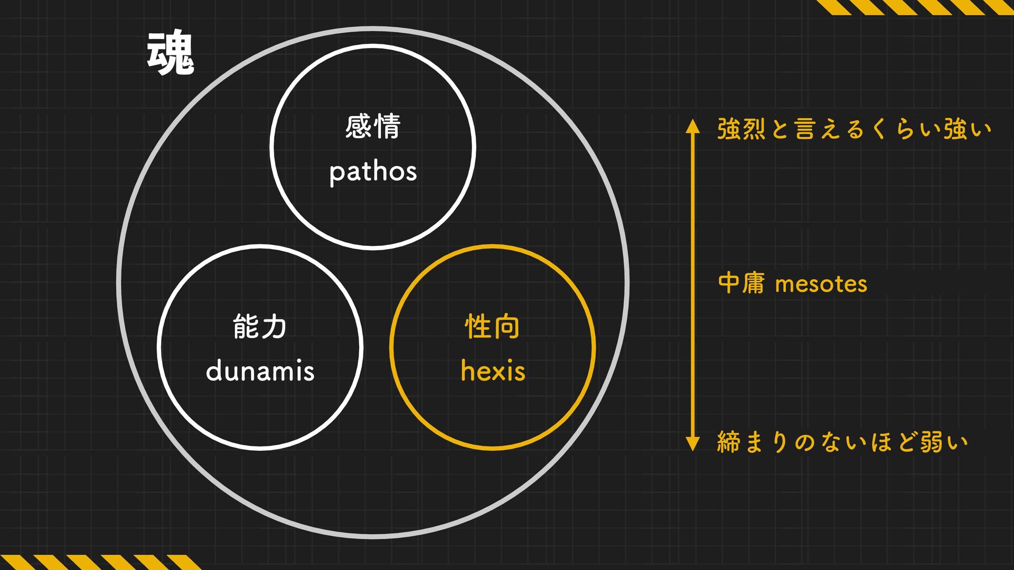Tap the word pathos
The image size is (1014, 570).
coord(373,172)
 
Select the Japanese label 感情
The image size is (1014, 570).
coord(373,127)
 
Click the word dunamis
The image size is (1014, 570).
coord(260,371)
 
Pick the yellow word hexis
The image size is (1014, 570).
coord(493,371)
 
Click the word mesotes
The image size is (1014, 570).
coord(821,284)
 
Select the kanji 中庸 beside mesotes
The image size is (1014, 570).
coord(741,283)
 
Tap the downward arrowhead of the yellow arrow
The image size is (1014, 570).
coord(692,444)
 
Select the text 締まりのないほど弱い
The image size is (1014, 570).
coord(842,442)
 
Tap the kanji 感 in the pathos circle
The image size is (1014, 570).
coord(359,127)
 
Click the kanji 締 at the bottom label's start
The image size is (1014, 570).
coord(729,442)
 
